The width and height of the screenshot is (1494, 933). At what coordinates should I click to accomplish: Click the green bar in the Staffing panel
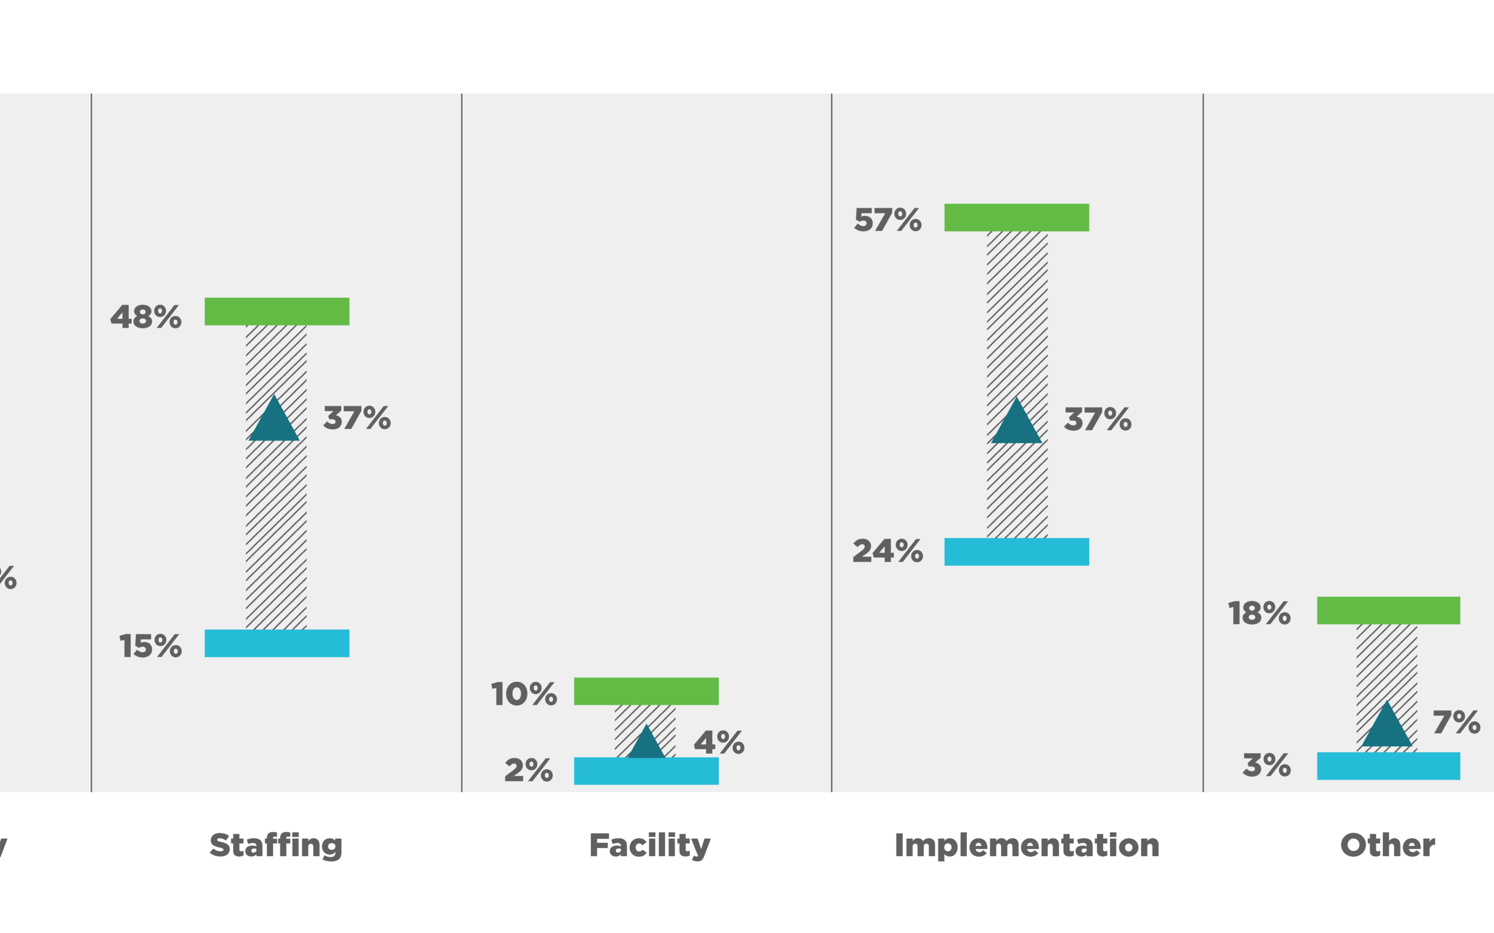coord(276,311)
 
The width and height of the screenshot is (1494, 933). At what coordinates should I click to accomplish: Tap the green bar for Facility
coord(646,691)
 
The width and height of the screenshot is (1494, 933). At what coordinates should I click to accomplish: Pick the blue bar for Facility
coord(646,771)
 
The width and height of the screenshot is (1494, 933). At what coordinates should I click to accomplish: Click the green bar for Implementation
coord(1016,217)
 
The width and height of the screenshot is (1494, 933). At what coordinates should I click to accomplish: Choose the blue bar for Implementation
coord(1016,552)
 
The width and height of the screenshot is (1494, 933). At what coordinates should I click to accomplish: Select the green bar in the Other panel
coord(1388,610)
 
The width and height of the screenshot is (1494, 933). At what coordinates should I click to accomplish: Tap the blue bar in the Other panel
coord(1388,766)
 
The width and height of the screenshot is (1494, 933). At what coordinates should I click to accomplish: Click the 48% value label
coord(146,317)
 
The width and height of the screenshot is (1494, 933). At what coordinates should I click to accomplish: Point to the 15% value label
coord(150,646)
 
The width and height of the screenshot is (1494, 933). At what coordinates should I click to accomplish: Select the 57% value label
coord(887,220)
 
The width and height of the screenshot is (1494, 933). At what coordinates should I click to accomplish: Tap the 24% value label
coord(887,551)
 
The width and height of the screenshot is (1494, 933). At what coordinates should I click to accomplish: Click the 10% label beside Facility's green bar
coord(523,694)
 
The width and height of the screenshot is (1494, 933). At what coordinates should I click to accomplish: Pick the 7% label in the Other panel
coord(1456,722)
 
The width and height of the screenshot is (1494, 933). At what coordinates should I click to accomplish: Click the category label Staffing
coord(276,845)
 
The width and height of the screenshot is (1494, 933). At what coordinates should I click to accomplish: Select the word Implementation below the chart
coord(1027,845)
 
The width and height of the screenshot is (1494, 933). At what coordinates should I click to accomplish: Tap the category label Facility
coord(649,845)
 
